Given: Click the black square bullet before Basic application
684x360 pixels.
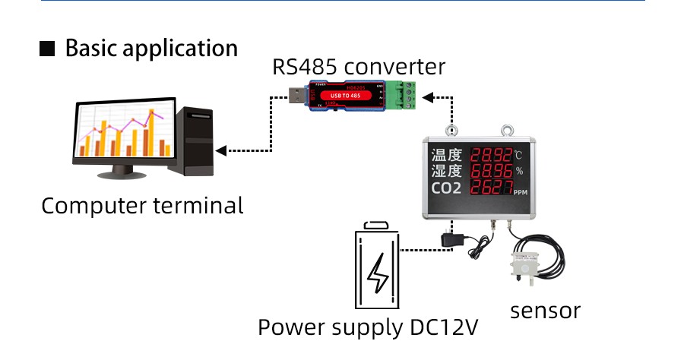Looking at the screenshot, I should [x=47, y=49].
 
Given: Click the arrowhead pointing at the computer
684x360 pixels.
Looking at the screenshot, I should [x=221, y=150].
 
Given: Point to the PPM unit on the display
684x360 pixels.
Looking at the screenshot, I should [x=521, y=193].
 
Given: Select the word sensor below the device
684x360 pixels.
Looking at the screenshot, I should [x=545, y=311].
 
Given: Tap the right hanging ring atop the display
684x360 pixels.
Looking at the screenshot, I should [x=504, y=130].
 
